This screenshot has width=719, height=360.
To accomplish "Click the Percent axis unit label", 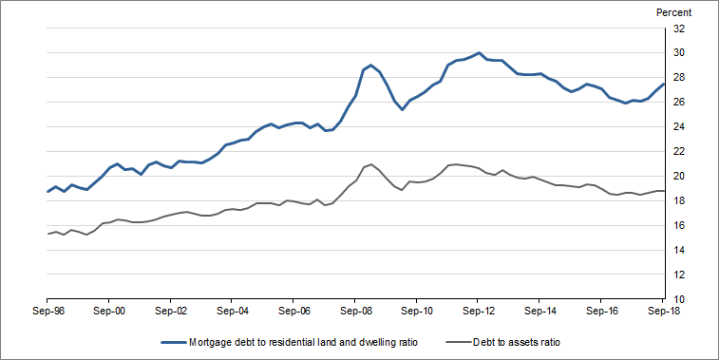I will [674, 12].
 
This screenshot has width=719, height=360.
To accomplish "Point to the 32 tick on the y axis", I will [679, 28].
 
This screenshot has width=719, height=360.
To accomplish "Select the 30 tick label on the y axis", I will [679, 53].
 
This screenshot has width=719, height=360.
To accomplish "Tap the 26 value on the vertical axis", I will [679, 103].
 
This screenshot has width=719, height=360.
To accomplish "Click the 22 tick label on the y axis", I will [679, 152].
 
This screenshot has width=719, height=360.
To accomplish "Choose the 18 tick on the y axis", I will [679, 201].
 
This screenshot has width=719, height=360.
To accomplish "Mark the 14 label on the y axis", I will [679, 251].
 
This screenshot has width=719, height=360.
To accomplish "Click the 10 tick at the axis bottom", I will [679, 299].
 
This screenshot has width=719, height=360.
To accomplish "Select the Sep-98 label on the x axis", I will [47, 311].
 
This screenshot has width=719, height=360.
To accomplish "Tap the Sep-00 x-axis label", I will [108, 311].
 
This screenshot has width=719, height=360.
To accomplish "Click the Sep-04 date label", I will [232, 311].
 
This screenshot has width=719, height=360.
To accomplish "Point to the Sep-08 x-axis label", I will [355, 311].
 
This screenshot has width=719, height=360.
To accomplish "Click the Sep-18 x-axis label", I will [662, 311].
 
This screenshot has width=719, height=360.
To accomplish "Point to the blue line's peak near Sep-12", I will [479, 53].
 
